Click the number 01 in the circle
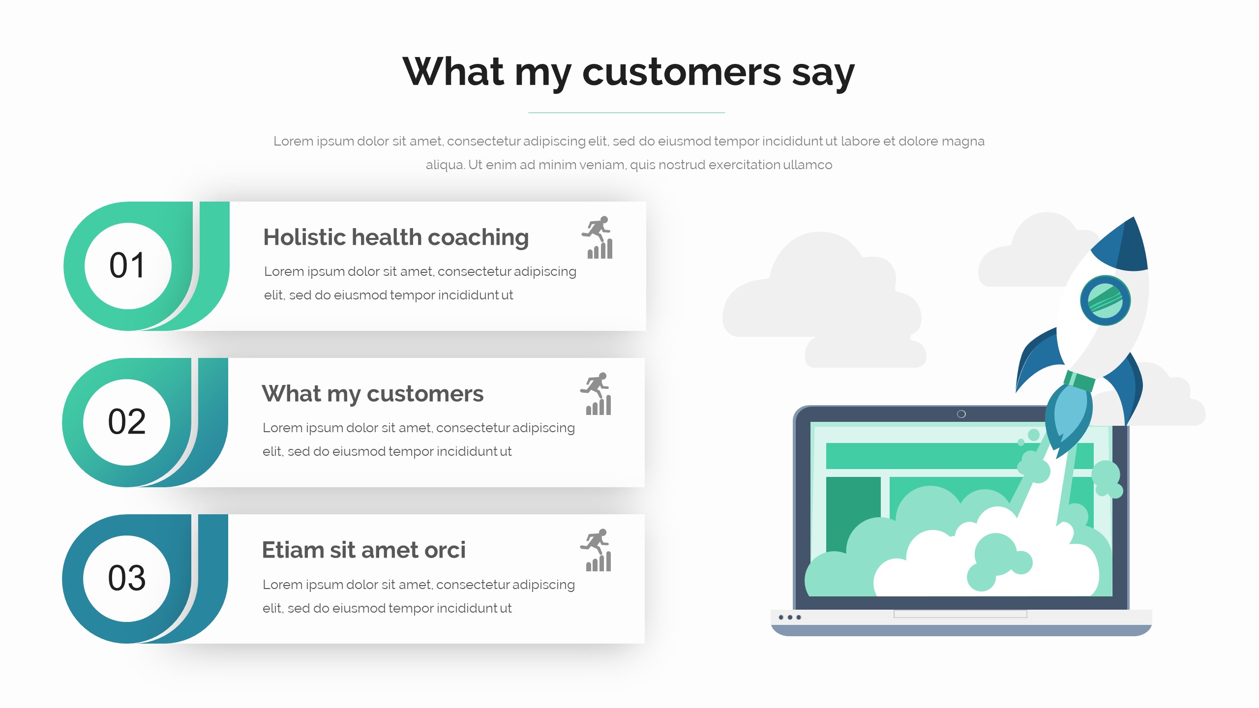(127, 265)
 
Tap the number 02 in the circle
(126, 422)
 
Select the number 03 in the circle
(126, 578)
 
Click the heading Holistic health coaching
(396, 237)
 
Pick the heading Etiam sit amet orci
(363, 550)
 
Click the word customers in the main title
(681, 72)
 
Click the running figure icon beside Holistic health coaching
(598, 237)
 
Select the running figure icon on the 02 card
(596, 394)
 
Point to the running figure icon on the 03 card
(596, 550)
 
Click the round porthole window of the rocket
(1105, 300)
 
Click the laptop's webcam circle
(961, 414)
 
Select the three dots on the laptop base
(790, 617)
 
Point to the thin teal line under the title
(627, 113)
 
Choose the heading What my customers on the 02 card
(372, 394)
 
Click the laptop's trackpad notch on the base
(960, 614)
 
